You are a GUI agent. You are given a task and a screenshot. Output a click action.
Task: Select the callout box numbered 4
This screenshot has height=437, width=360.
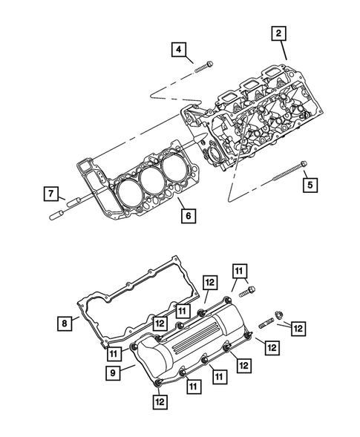(x=179, y=50)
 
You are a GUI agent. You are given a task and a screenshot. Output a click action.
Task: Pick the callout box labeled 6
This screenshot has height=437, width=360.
(x=189, y=216)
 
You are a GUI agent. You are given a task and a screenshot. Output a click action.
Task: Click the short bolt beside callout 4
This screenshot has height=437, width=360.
(x=205, y=70)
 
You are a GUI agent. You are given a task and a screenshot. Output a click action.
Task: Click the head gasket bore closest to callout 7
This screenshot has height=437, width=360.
(x=124, y=189)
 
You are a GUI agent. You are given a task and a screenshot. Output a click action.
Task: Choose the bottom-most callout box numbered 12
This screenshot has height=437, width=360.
(x=160, y=401)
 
